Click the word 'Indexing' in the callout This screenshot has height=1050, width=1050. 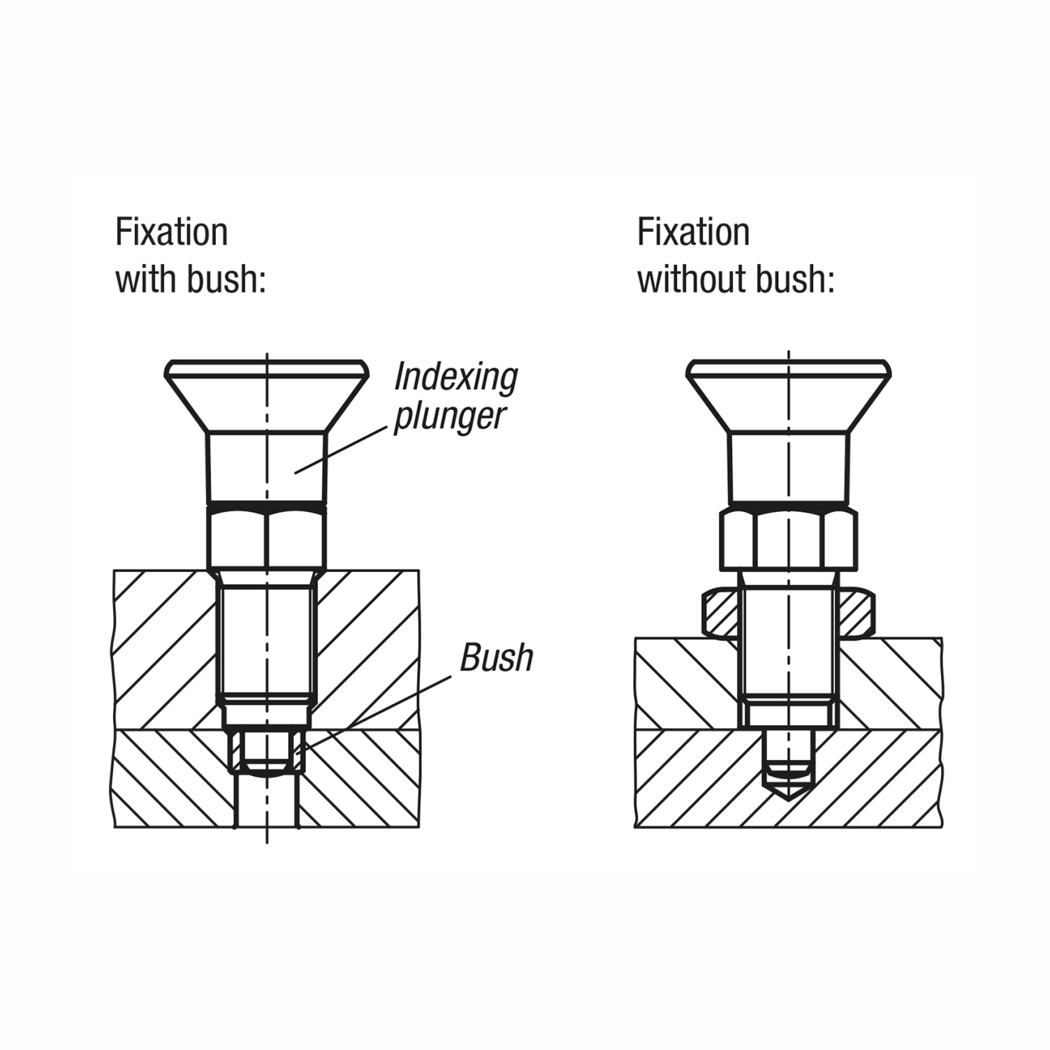tap(455, 377)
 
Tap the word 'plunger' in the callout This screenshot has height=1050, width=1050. tap(449, 416)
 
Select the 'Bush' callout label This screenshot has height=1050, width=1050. tap(496, 658)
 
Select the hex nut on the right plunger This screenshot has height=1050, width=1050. tap(789, 539)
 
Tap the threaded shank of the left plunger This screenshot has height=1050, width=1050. tap(266, 639)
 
